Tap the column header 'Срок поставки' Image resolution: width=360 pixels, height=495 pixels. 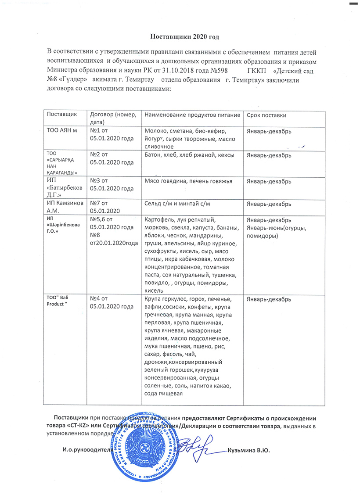(266, 115)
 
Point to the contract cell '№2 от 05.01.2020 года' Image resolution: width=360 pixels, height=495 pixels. (112, 158)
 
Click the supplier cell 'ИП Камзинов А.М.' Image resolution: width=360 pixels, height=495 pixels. (65, 208)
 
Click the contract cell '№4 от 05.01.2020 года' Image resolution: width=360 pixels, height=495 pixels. (112, 302)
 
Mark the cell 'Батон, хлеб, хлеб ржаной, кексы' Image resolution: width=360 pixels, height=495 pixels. (189, 155)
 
